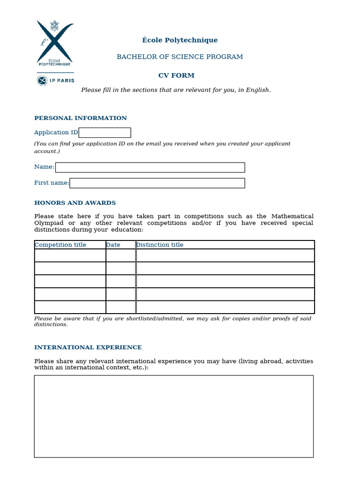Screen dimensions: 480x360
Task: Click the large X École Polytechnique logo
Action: click(55, 43)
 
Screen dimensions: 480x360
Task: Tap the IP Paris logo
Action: click(55, 81)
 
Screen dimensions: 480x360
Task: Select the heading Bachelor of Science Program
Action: click(180, 57)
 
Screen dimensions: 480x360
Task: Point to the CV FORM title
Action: click(176, 75)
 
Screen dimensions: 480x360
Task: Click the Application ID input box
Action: click(105, 133)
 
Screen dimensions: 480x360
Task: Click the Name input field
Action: click(150, 167)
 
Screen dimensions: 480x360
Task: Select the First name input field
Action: click(157, 183)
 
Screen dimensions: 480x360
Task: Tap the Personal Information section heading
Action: click(81, 118)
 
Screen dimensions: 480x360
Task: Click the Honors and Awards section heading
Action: click(75, 203)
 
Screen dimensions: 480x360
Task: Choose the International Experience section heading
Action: click(88, 347)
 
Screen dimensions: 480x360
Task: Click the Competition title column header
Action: click(60, 245)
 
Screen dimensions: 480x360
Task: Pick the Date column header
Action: click(113, 245)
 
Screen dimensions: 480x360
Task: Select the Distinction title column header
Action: click(160, 245)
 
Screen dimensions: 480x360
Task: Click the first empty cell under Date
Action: click(120, 255)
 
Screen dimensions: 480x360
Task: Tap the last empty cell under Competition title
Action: click(70, 307)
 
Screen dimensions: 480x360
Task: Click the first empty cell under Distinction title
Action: click(225, 255)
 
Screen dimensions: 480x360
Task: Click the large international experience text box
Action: click(173, 416)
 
